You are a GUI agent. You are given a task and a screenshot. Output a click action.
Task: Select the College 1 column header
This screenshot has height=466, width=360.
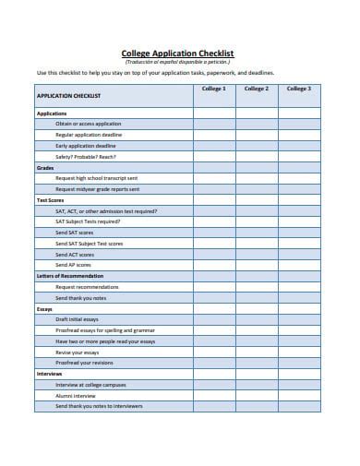[x=213, y=89]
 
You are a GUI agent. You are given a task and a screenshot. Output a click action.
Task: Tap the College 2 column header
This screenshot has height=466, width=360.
[x=256, y=89]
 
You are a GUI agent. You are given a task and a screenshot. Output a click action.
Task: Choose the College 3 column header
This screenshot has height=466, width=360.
[x=298, y=89]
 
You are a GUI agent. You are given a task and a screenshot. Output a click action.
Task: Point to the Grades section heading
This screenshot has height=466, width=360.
[x=45, y=167]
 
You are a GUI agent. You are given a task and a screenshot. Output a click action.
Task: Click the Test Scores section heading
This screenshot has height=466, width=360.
[x=50, y=199]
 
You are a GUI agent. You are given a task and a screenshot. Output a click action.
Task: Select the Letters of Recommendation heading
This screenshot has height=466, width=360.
[x=69, y=276]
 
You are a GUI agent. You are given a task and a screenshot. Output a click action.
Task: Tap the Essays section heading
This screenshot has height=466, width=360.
[x=44, y=308]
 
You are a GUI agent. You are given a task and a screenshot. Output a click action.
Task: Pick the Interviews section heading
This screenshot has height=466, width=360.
[x=49, y=374]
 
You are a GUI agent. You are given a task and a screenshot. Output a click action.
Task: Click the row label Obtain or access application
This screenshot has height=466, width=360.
[x=88, y=123]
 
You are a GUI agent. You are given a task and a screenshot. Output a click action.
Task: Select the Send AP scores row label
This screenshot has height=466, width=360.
[x=75, y=265]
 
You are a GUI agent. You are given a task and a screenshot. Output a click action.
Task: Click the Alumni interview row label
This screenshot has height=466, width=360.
[x=76, y=395]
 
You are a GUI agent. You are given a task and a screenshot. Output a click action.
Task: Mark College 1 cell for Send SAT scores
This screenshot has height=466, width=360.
[x=213, y=233]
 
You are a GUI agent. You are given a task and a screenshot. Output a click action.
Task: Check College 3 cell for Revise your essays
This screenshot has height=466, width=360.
[x=298, y=352]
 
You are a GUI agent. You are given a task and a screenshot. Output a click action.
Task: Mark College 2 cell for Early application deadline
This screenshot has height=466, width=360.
[x=256, y=145]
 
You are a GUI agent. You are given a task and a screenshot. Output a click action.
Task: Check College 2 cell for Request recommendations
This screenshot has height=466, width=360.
[x=256, y=287]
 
